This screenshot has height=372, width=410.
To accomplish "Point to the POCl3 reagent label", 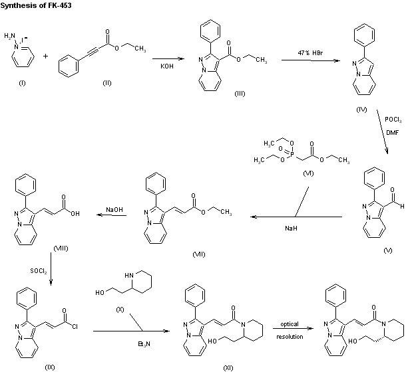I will [392, 119].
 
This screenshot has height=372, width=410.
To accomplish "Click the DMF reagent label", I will [392, 132].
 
